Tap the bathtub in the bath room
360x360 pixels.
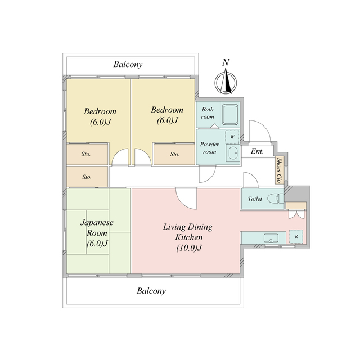[x=230, y=115]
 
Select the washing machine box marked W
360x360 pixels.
[x=232, y=137]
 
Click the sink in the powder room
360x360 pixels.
[x=233, y=153]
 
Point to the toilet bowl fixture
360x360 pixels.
[x=276, y=199]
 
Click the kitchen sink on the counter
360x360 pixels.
[x=271, y=238]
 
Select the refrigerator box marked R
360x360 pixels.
[x=296, y=236]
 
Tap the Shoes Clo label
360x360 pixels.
[x=279, y=170]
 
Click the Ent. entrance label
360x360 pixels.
[x=257, y=151]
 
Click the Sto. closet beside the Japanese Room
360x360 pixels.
[x=87, y=177]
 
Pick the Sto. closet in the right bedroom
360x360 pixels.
[x=174, y=154]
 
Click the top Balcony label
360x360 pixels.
[x=128, y=64]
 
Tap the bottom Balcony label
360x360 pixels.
[x=151, y=291]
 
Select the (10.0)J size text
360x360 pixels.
[x=189, y=247]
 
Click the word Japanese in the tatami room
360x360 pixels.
[x=97, y=223]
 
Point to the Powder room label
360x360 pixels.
[x=209, y=148]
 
